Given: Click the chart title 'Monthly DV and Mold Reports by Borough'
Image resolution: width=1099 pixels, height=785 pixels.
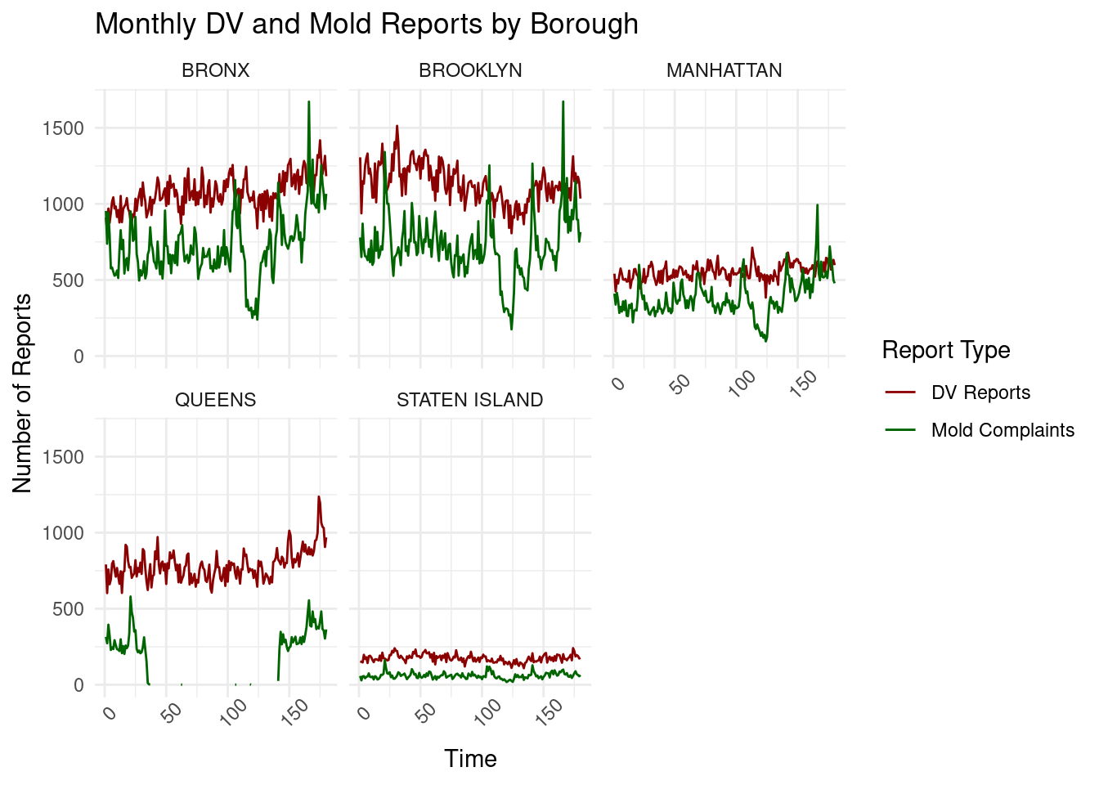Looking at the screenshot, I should (x=366, y=25).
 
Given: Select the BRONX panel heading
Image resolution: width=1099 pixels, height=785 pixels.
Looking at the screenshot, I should (x=215, y=71).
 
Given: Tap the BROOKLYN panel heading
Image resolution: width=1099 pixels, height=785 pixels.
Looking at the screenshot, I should (x=470, y=71).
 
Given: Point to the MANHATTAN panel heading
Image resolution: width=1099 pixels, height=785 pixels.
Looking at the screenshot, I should (x=724, y=71).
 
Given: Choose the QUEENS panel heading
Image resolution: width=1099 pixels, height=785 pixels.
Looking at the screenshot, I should (x=215, y=400).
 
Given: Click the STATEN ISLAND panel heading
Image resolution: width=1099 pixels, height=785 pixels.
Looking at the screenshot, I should (x=469, y=400).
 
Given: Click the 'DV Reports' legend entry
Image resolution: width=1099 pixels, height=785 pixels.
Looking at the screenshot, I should (x=980, y=392).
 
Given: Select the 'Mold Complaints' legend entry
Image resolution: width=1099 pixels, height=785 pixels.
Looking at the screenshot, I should (x=1002, y=430).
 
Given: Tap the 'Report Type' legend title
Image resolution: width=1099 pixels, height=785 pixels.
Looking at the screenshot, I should (x=946, y=350).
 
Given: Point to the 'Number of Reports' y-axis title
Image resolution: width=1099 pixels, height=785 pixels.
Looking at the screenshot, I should (x=23, y=392).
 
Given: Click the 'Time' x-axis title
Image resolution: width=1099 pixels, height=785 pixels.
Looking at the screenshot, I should (x=470, y=759).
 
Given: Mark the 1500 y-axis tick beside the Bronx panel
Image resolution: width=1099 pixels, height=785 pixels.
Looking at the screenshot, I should (x=63, y=128).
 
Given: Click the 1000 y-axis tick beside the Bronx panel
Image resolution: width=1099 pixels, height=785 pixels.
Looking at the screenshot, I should (x=63, y=204).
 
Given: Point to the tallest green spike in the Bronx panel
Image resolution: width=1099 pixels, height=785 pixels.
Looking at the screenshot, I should (x=308, y=102).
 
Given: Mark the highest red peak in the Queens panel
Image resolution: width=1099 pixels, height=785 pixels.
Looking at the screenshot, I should (x=319, y=496).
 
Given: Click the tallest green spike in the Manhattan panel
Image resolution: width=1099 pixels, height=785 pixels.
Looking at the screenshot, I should (x=817, y=205).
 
